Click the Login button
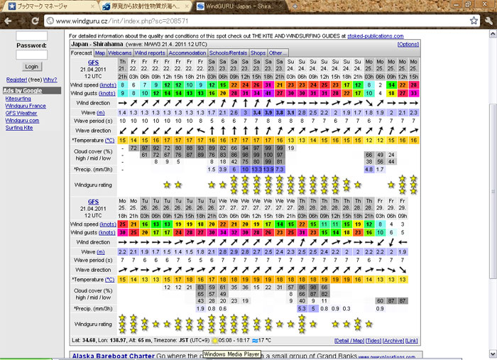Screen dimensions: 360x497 pyautogui.click(x=31, y=67)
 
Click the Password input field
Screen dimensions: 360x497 pyautogui.click(x=31, y=55)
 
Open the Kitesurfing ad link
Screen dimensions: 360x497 pyautogui.click(x=18, y=99)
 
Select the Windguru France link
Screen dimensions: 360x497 pyautogui.click(x=26, y=106)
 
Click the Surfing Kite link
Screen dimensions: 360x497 pyautogui.click(x=20, y=128)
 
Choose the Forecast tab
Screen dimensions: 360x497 pyautogui.click(x=82, y=53)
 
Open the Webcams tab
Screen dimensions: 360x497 pyautogui.click(x=120, y=53)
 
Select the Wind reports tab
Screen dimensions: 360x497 pyautogui.click(x=150, y=53)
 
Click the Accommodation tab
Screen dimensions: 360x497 pyautogui.click(x=187, y=53)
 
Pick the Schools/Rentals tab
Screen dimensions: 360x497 pyautogui.click(x=229, y=53)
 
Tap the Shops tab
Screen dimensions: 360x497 pyautogui.click(x=258, y=53)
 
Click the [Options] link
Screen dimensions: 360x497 pyautogui.click(x=408, y=44)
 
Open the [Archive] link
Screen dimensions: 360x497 pyautogui.click(x=395, y=341)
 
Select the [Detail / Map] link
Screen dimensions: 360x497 pyautogui.click(x=349, y=341)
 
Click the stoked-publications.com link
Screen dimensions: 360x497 pyautogui.click(x=376, y=35)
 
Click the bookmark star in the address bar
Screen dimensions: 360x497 pyautogui.click(x=474, y=21)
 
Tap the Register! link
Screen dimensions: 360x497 pyautogui.click(x=16, y=80)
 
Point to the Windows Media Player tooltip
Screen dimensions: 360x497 pyautogui.click(x=231, y=353)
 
